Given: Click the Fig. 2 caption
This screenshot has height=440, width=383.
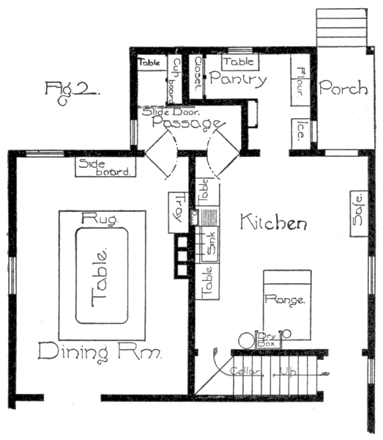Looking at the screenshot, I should pos(71,91).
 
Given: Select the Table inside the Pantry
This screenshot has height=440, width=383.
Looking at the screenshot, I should pos(238,62).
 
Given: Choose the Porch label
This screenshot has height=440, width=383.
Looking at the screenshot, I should pos(343,89).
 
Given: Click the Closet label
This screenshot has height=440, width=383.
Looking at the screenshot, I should pos(196,75).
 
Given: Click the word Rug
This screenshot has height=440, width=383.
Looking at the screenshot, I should pos(96,219).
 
